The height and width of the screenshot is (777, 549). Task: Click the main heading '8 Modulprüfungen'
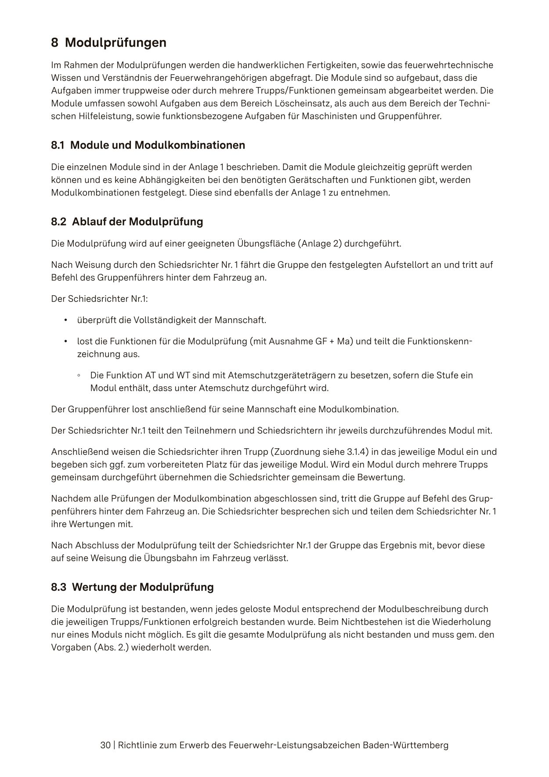(x=108, y=43)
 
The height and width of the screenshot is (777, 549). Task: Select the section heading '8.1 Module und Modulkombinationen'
(x=148, y=145)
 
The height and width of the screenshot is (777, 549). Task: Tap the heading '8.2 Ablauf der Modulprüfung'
(x=127, y=221)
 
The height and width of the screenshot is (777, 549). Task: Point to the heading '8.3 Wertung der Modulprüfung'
(x=132, y=587)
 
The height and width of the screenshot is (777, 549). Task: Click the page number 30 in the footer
(x=105, y=745)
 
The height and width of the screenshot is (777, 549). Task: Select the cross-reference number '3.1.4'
(x=356, y=452)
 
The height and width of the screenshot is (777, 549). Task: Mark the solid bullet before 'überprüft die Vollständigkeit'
(x=66, y=320)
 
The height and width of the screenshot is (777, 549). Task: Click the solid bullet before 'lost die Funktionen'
(x=66, y=341)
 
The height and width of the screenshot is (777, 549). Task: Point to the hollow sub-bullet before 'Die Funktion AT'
(x=79, y=376)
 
